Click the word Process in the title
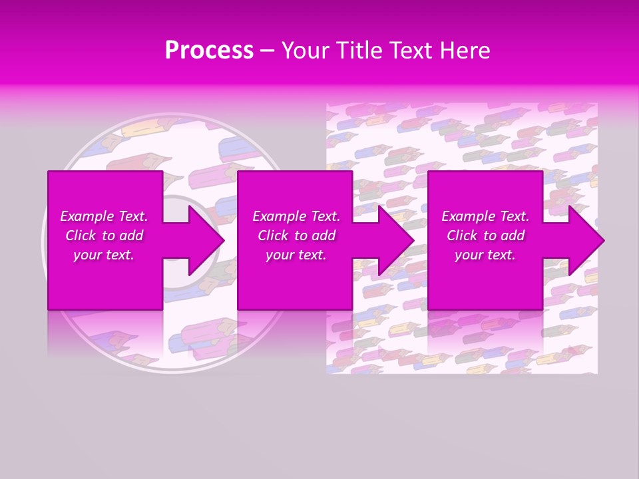[x=209, y=51]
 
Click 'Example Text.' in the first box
[x=104, y=216]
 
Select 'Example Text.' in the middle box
[x=296, y=216]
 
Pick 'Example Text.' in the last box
[x=485, y=216]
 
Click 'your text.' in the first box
[x=104, y=255]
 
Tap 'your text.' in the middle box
[x=296, y=255]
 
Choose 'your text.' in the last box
[x=485, y=255]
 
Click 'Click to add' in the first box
[x=104, y=236]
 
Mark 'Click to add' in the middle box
[x=296, y=236]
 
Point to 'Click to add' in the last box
[x=485, y=236]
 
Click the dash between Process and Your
[x=267, y=51]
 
